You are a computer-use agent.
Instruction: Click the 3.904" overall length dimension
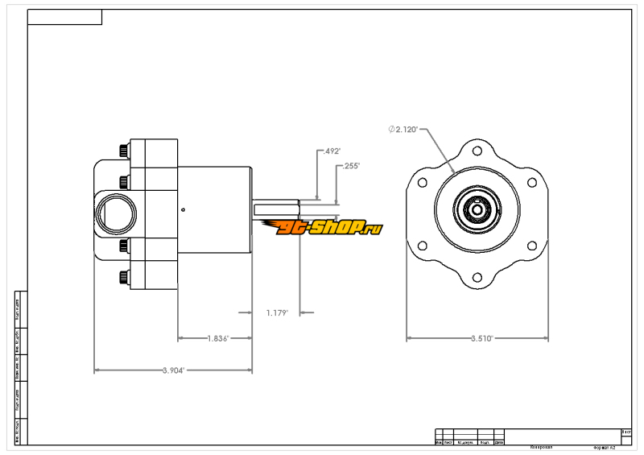[172, 370]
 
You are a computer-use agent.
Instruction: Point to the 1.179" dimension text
[276, 312]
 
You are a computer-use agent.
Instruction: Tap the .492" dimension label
[332, 151]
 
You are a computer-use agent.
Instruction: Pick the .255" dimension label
[351, 166]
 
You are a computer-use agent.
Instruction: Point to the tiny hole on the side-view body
[184, 210]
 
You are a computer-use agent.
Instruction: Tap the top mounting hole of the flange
[477, 151]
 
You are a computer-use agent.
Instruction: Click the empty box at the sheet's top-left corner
[64, 17]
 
